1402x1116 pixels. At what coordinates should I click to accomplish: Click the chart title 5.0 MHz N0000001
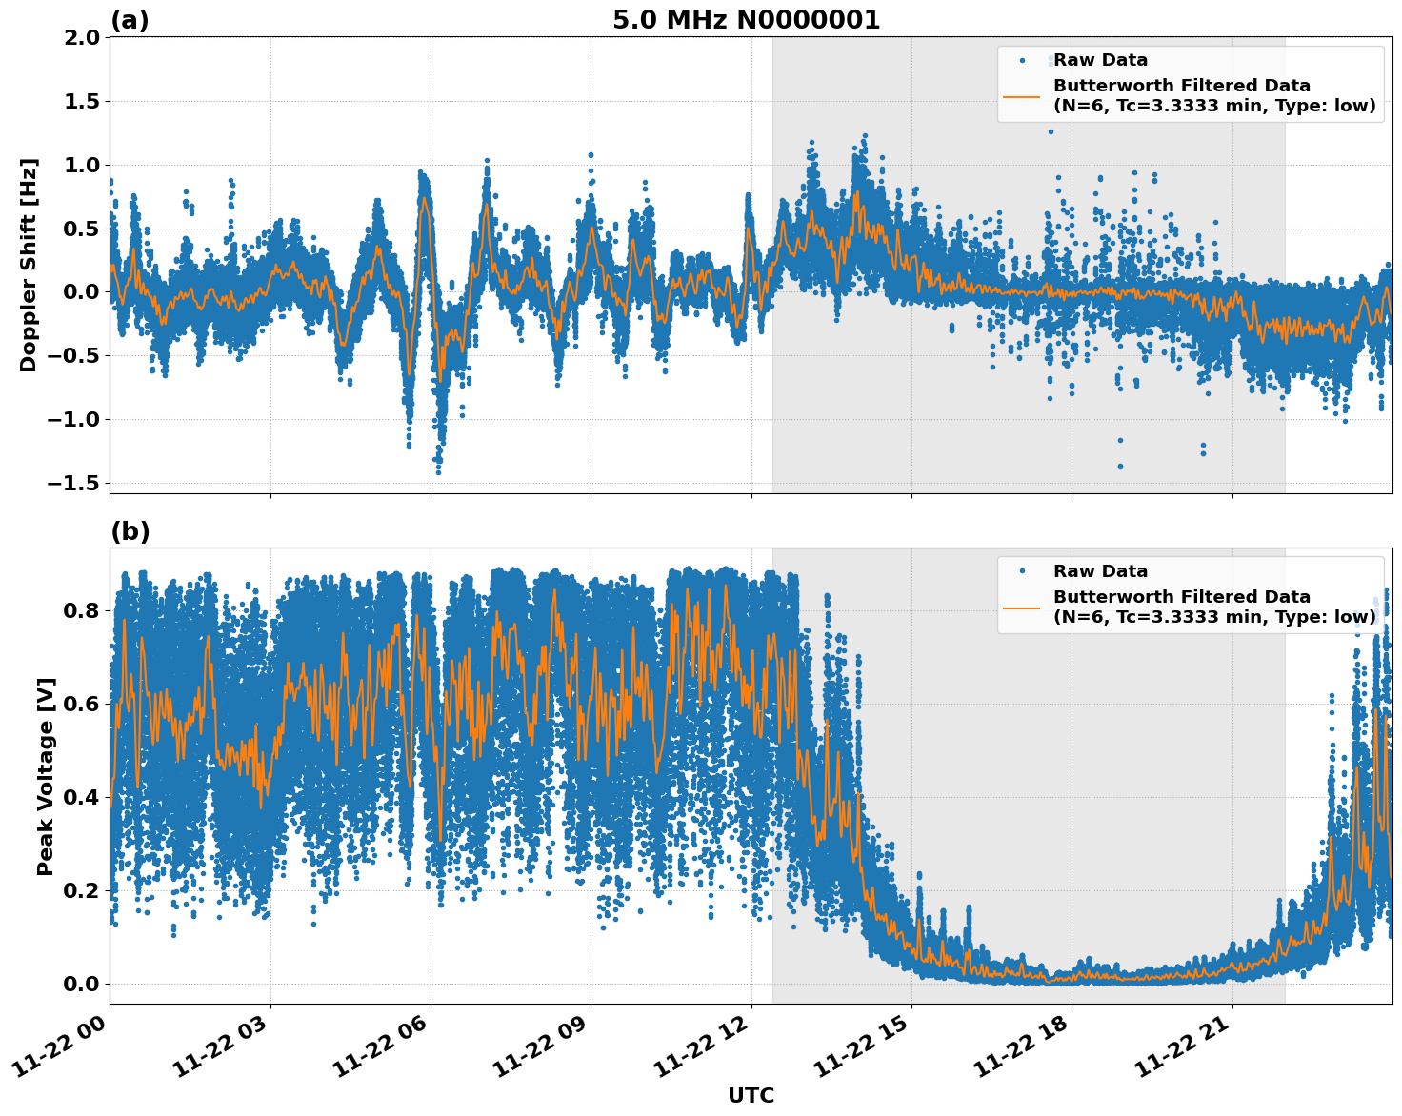click(x=746, y=20)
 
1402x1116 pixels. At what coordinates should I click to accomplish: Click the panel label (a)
click(x=130, y=20)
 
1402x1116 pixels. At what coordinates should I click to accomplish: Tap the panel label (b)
click(x=130, y=531)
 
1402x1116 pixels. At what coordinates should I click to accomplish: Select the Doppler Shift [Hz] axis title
click(x=29, y=265)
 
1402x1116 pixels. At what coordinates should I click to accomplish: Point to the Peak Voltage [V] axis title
click(x=46, y=776)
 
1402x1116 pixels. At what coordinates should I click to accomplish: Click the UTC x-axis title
click(x=751, y=1095)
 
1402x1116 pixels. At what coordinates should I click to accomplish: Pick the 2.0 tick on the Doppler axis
click(x=82, y=37)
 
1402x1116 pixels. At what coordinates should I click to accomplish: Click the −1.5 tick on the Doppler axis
click(x=75, y=483)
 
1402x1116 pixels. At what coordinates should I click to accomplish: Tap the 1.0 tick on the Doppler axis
click(x=82, y=165)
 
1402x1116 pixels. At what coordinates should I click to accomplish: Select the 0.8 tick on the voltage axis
click(x=82, y=610)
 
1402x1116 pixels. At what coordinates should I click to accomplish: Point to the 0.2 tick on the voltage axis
click(x=82, y=890)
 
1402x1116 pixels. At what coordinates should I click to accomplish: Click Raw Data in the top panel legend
click(x=1100, y=60)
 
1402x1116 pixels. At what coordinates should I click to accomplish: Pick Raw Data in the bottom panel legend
click(x=1100, y=571)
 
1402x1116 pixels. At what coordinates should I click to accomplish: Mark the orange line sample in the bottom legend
click(x=1022, y=607)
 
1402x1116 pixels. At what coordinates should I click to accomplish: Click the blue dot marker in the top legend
click(x=1022, y=60)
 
